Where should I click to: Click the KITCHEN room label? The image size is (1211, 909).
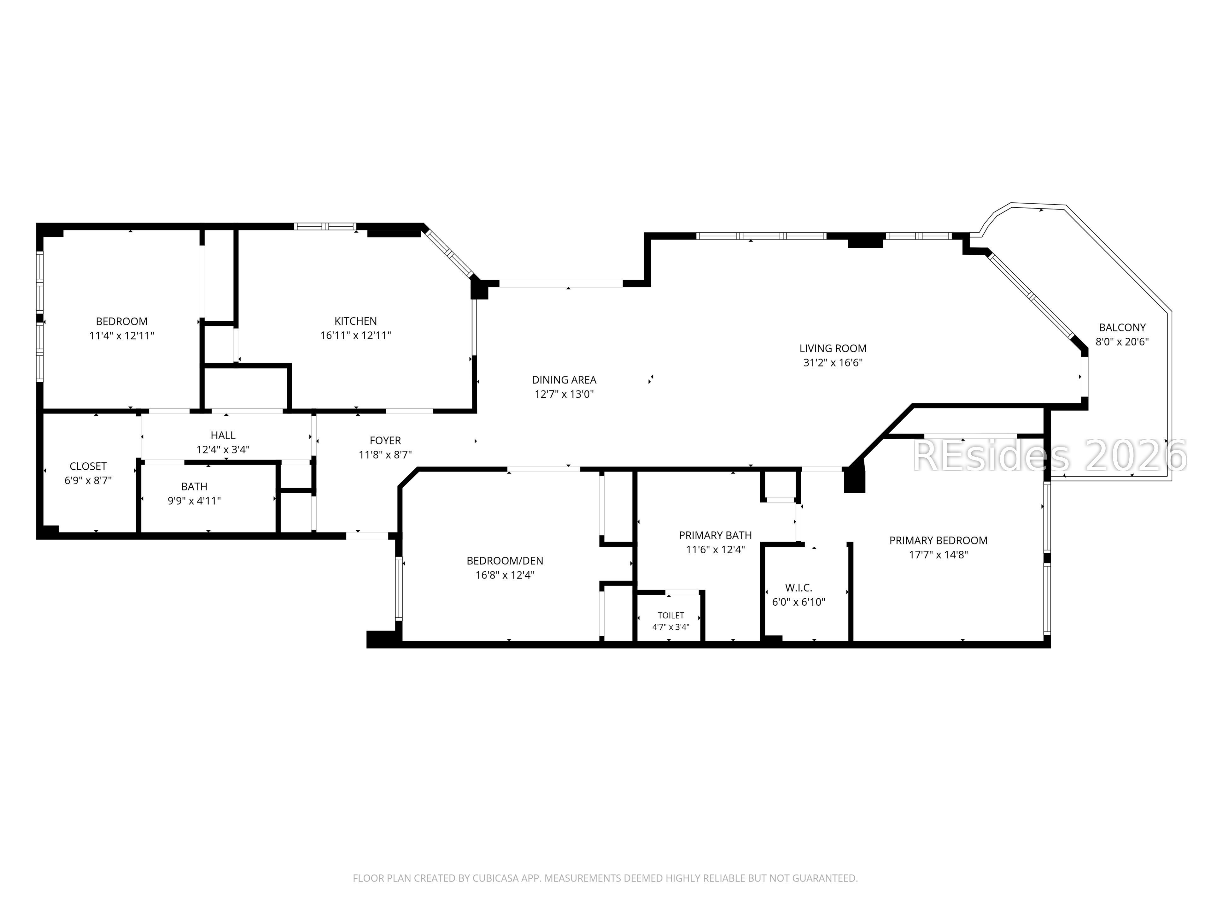pos(355,321)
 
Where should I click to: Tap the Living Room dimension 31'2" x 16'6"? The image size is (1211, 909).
pos(833,362)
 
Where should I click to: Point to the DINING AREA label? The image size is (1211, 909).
pos(564,380)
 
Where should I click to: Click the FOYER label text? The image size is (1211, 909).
pos(385,441)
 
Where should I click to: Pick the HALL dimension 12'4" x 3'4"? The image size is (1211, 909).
pos(223,449)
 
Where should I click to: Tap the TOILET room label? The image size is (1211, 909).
pos(671,615)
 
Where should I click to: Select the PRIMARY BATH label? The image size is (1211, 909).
pos(716,535)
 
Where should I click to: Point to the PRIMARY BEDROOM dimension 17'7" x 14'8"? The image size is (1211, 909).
pos(938,555)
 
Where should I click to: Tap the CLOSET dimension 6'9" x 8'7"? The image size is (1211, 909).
pos(88,480)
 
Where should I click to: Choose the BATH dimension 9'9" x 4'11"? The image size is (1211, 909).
pos(194,500)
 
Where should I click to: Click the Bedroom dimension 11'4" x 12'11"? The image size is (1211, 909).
pos(121,335)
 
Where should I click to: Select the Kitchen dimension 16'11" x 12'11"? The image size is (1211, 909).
pos(356,335)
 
